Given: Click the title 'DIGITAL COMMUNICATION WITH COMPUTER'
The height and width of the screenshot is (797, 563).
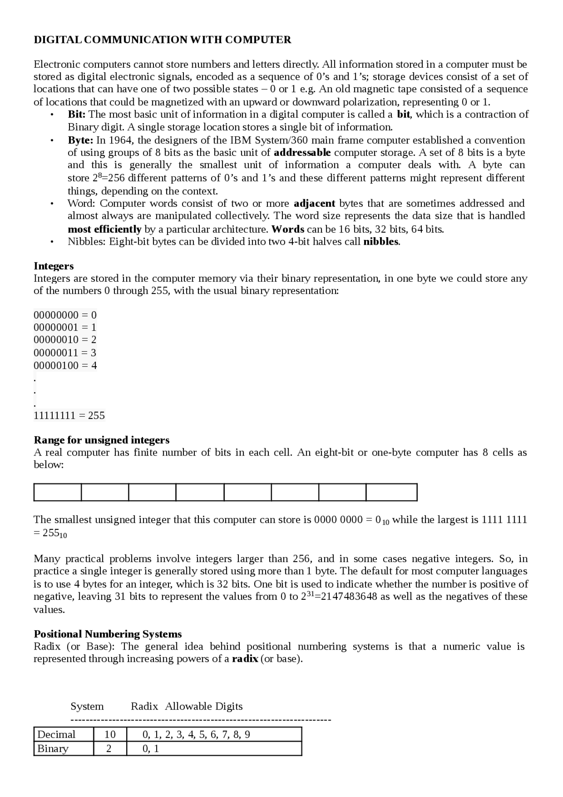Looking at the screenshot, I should coord(162,40).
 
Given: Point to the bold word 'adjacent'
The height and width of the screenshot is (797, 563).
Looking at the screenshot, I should coord(314,203).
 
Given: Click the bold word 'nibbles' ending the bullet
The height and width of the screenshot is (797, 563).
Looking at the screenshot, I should coord(380,242).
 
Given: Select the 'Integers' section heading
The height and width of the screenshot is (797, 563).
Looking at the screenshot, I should coord(54,266).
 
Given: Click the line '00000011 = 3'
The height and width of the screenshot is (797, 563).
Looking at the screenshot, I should coord(65,353).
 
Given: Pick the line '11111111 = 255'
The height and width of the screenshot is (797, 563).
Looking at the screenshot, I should coord(69,415).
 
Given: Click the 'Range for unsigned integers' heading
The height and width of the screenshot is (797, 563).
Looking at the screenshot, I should coord(102,440).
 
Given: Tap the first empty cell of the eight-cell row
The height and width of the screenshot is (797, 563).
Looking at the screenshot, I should coord(58,492).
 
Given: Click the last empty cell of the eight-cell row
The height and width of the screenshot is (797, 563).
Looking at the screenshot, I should coord(391,492).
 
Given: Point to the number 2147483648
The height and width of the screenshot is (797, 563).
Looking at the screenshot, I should coord(349,597).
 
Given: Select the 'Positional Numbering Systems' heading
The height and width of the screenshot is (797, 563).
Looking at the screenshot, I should coord(108,634).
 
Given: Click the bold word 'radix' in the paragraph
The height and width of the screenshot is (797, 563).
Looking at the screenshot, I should coord(245,659).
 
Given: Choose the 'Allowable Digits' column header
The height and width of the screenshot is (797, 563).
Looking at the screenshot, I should coord(204,706).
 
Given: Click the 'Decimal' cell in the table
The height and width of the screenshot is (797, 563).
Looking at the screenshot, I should coord(56,735).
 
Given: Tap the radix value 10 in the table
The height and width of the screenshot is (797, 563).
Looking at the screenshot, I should coord(110,735).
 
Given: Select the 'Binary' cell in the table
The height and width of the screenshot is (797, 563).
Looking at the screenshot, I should coord(53,749).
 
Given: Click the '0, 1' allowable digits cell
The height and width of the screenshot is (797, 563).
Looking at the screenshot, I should coord(151,749).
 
